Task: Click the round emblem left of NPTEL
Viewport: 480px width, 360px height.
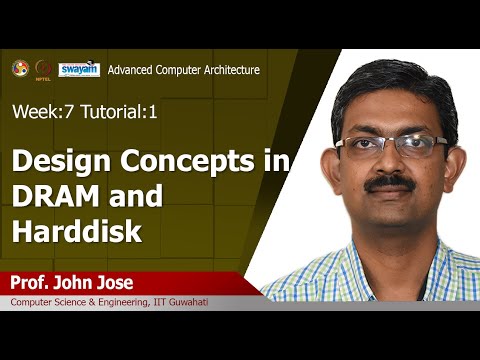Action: coord(19,68)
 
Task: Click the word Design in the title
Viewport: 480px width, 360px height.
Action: coord(60,162)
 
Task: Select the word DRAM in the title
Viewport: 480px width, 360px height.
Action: coord(53,198)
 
